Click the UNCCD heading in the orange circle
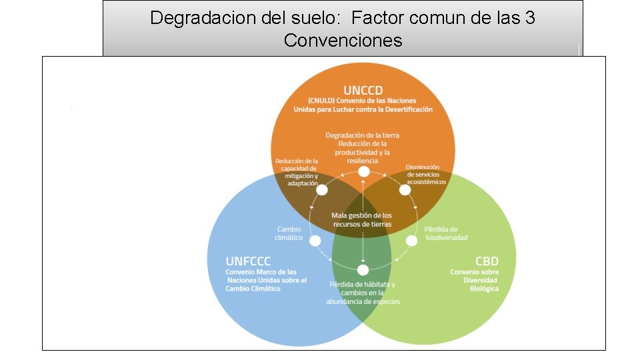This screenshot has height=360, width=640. [x=363, y=90]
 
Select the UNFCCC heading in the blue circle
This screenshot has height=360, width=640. [x=248, y=261]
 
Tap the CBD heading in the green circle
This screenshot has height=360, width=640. [x=487, y=261]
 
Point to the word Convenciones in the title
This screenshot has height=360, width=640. [x=343, y=40]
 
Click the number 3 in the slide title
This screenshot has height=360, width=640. [x=530, y=18]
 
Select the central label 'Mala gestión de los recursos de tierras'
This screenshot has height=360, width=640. [x=362, y=220]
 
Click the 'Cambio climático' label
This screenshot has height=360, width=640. [x=289, y=233]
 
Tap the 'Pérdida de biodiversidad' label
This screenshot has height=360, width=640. [x=446, y=233]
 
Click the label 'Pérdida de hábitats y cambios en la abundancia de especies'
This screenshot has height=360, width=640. [x=363, y=293]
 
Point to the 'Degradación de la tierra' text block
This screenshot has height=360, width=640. [x=363, y=147]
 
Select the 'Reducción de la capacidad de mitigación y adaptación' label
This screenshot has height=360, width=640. [x=297, y=172]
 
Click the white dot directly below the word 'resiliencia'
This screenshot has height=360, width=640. [x=363, y=172]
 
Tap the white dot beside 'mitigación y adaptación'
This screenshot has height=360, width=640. [x=322, y=190]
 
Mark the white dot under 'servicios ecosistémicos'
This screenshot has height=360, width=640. [x=405, y=189]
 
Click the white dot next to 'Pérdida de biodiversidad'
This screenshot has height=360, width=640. [x=412, y=240]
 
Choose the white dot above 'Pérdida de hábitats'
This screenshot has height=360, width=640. [x=363, y=270]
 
